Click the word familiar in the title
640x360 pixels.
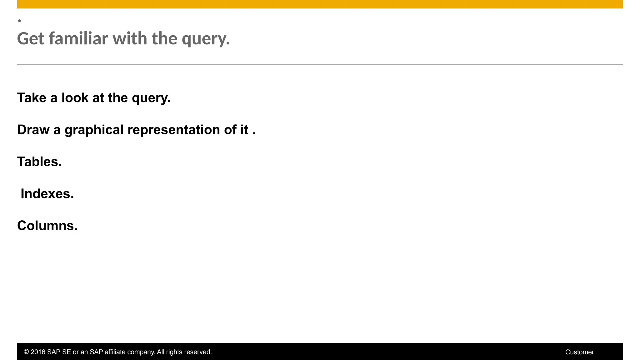coord(78,38)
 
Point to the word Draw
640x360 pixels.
coord(33,130)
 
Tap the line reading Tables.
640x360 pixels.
coord(39,162)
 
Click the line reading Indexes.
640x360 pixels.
coord(47,194)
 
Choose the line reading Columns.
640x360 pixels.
coord(47,226)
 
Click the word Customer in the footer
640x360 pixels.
coord(579,352)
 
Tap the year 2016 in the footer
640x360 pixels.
coord(38,352)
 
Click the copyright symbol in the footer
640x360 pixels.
coord(26,352)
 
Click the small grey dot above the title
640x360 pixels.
coord(19,21)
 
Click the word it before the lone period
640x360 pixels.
coord(244,130)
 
